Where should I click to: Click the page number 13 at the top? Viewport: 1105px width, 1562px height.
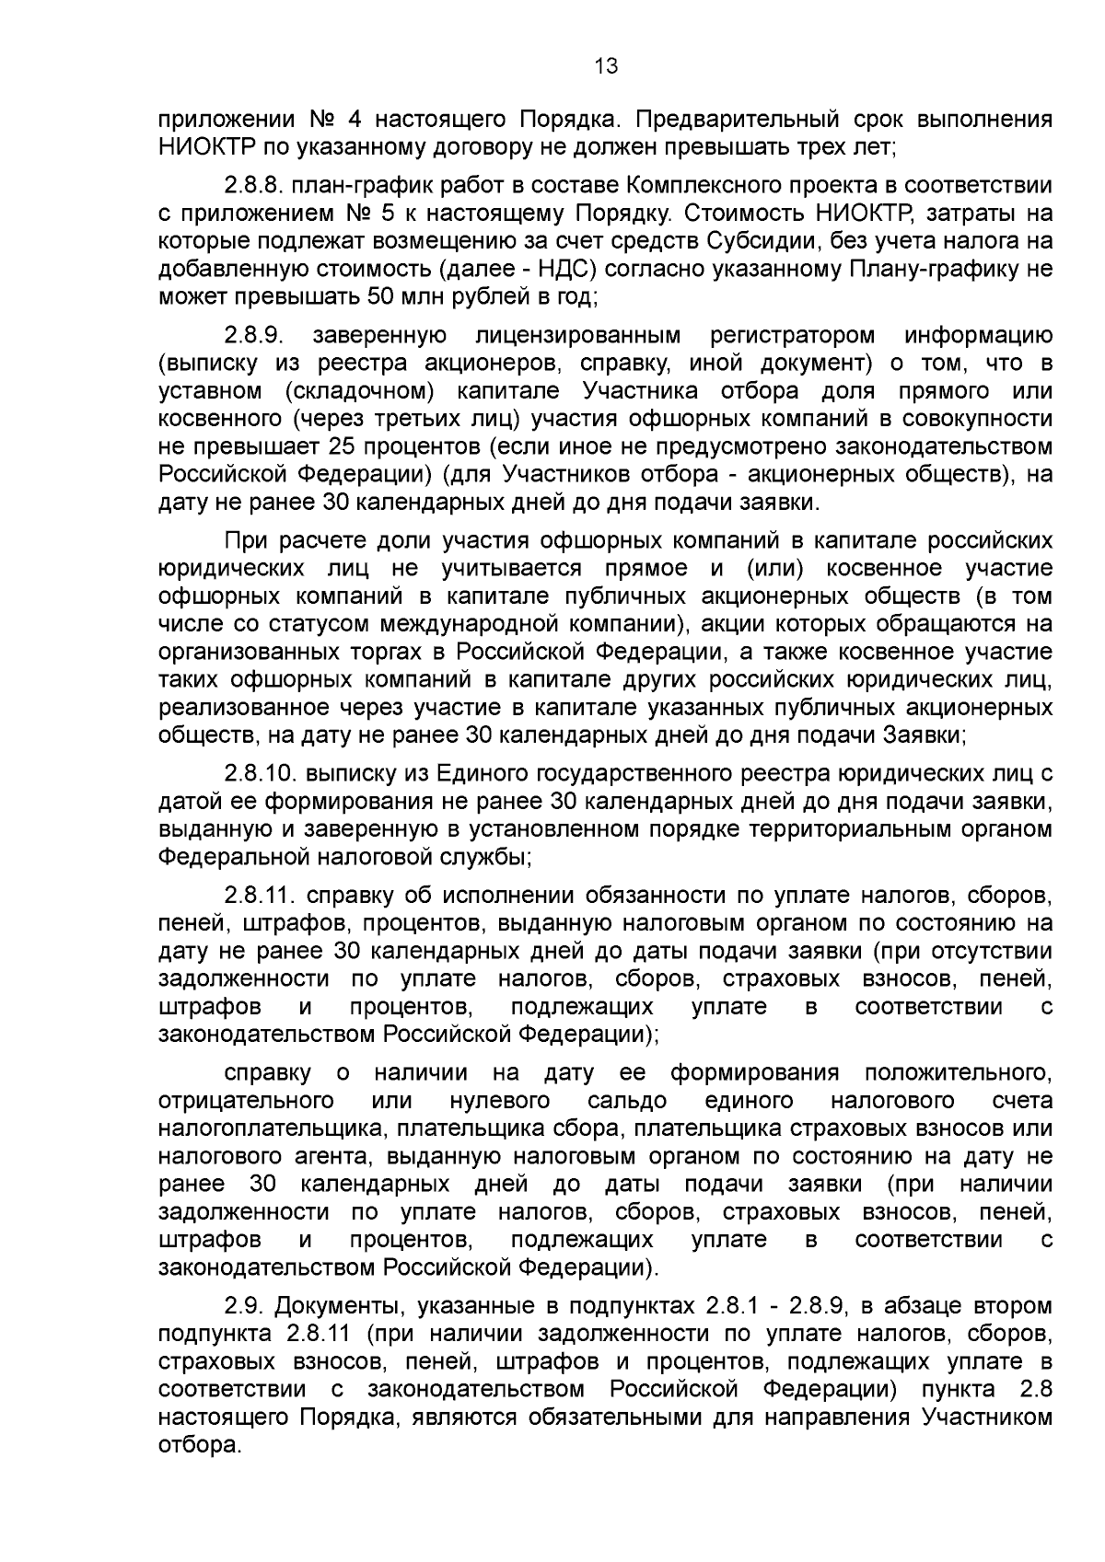pos(606,65)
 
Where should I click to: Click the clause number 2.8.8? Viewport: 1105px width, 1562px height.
pos(252,186)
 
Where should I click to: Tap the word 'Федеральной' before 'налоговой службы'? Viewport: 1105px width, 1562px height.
pos(228,857)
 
